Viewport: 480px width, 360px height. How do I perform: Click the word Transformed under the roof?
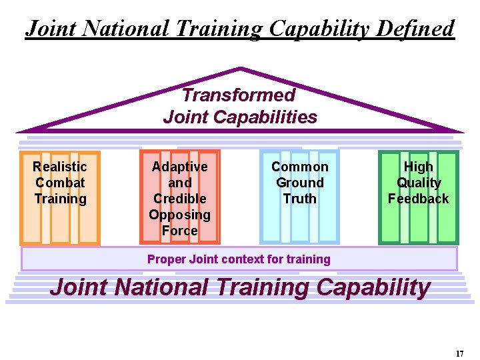coord(239,95)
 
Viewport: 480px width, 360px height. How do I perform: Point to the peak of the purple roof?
coord(240,68)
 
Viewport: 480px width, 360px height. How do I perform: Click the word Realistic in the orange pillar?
coord(60,167)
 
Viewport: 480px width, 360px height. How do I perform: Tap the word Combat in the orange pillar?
coord(60,183)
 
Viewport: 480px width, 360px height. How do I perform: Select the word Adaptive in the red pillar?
coord(180,167)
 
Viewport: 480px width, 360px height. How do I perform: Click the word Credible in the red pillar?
coord(180,199)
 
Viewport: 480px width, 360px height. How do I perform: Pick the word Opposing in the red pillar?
coord(180,215)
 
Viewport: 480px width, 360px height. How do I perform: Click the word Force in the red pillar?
coord(180,231)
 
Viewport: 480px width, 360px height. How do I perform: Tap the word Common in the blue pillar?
coord(300,167)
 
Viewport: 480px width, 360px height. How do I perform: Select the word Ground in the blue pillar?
coord(300,183)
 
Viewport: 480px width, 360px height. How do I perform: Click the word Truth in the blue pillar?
coord(300,199)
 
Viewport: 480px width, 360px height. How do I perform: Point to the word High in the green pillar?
coord(419,167)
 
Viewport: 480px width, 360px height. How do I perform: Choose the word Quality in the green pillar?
coord(419,183)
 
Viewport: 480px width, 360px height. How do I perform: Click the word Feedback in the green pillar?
coord(419,199)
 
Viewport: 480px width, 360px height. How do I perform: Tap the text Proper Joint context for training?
coord(239,259)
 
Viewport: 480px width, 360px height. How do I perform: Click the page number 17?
coord(460,354)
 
